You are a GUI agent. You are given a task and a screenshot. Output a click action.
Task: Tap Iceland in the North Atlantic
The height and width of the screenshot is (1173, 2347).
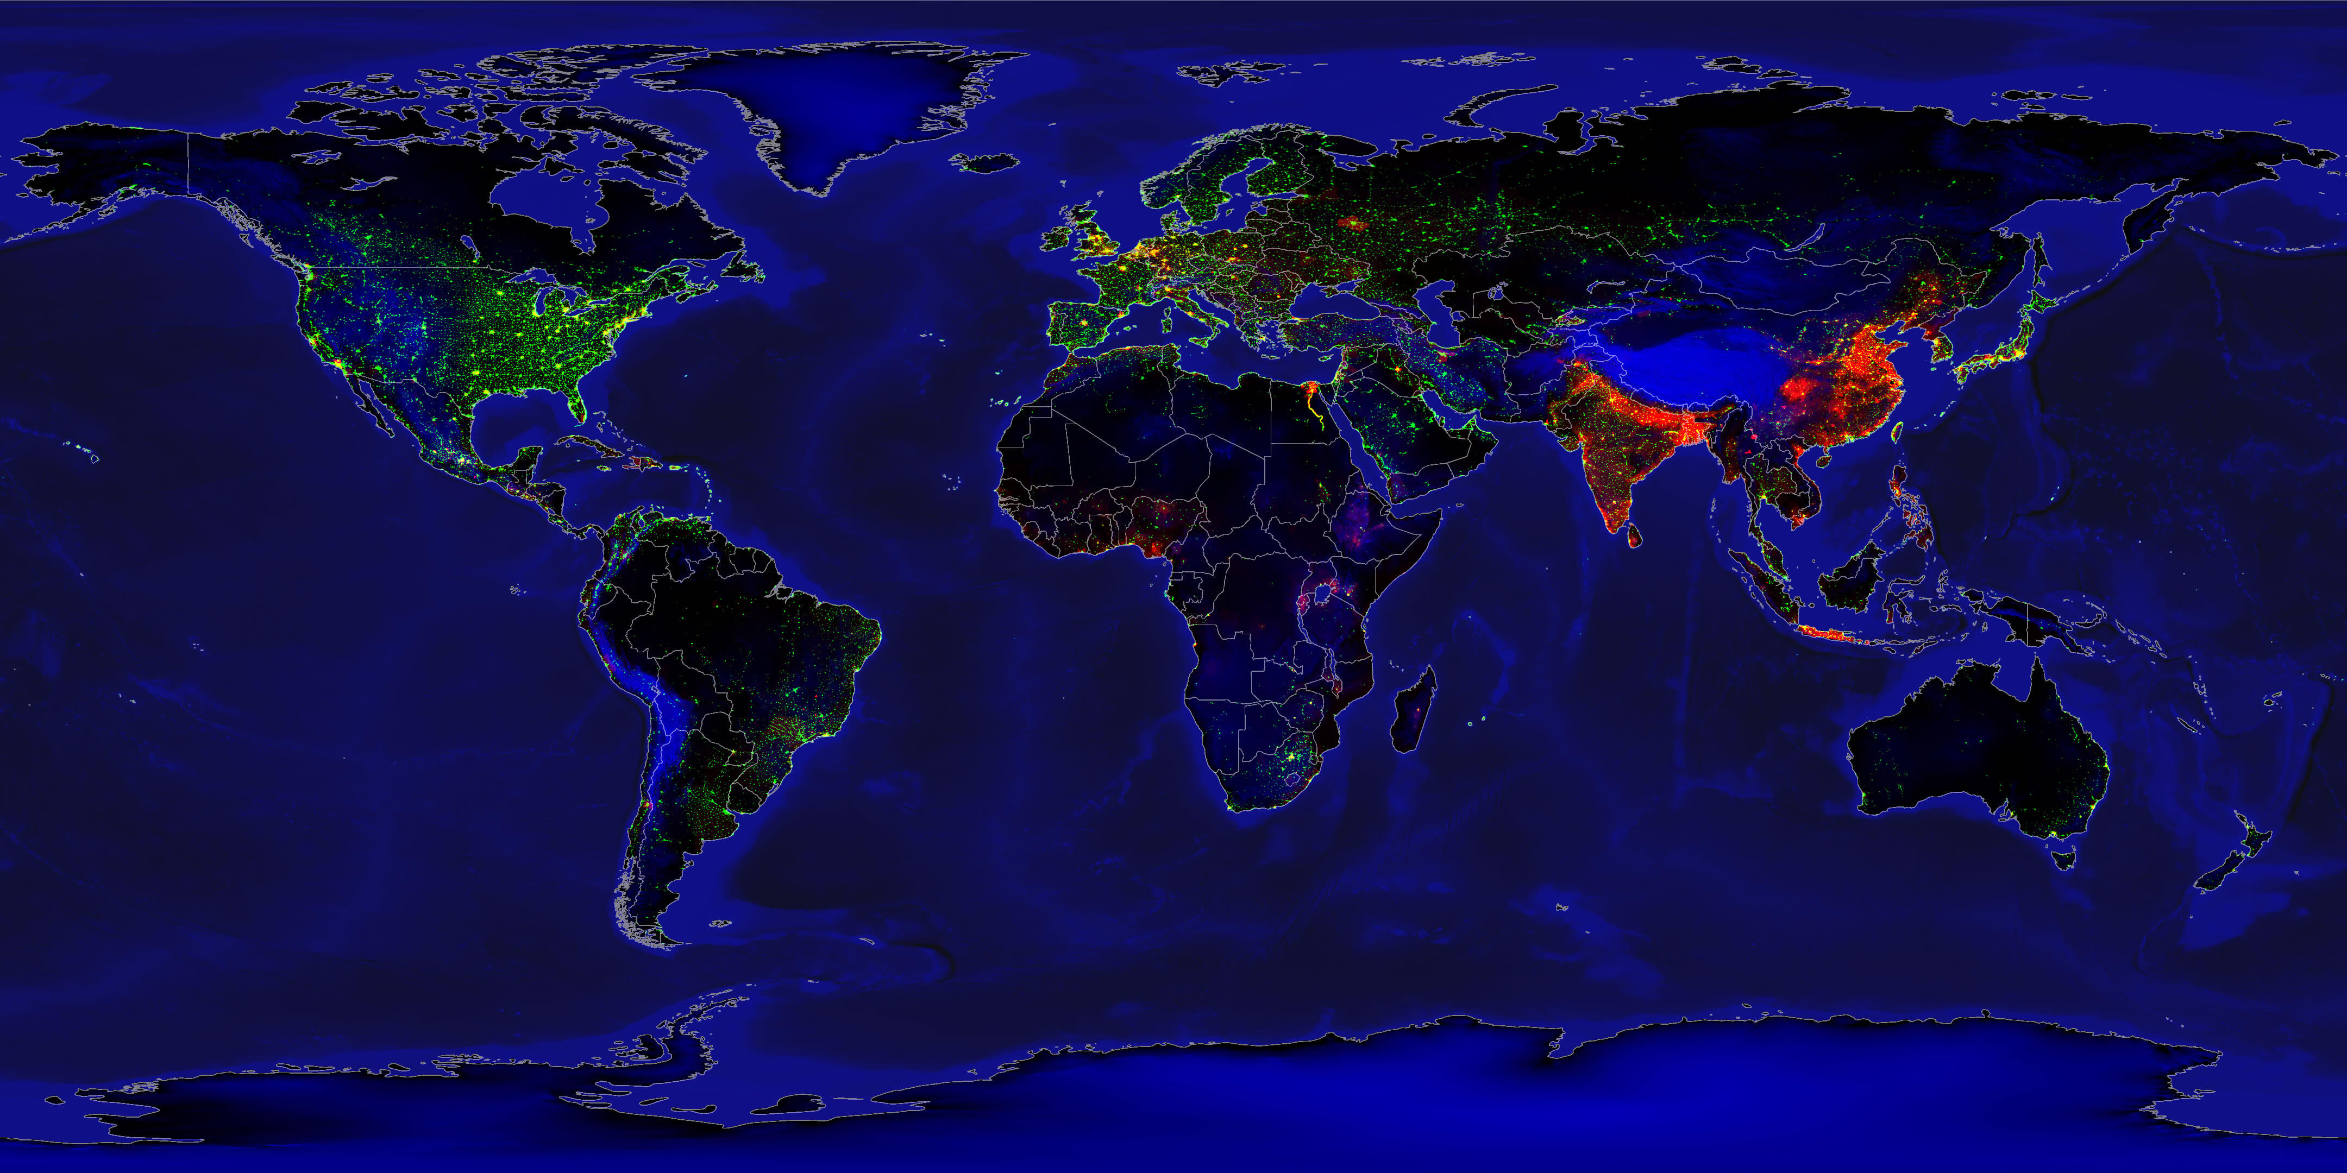click(984, 163)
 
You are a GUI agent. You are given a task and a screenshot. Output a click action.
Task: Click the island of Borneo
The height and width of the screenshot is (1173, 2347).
click(1849, 574)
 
